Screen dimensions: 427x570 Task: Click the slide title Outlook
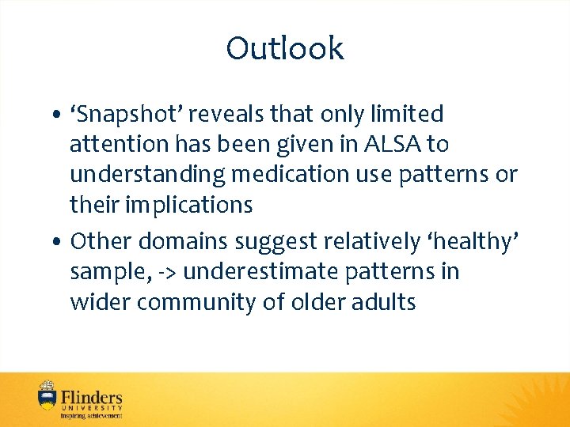pyautogui.click(x=285, y=49)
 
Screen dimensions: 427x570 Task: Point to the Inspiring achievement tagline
pyautogui.click(x=92, y=415)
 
